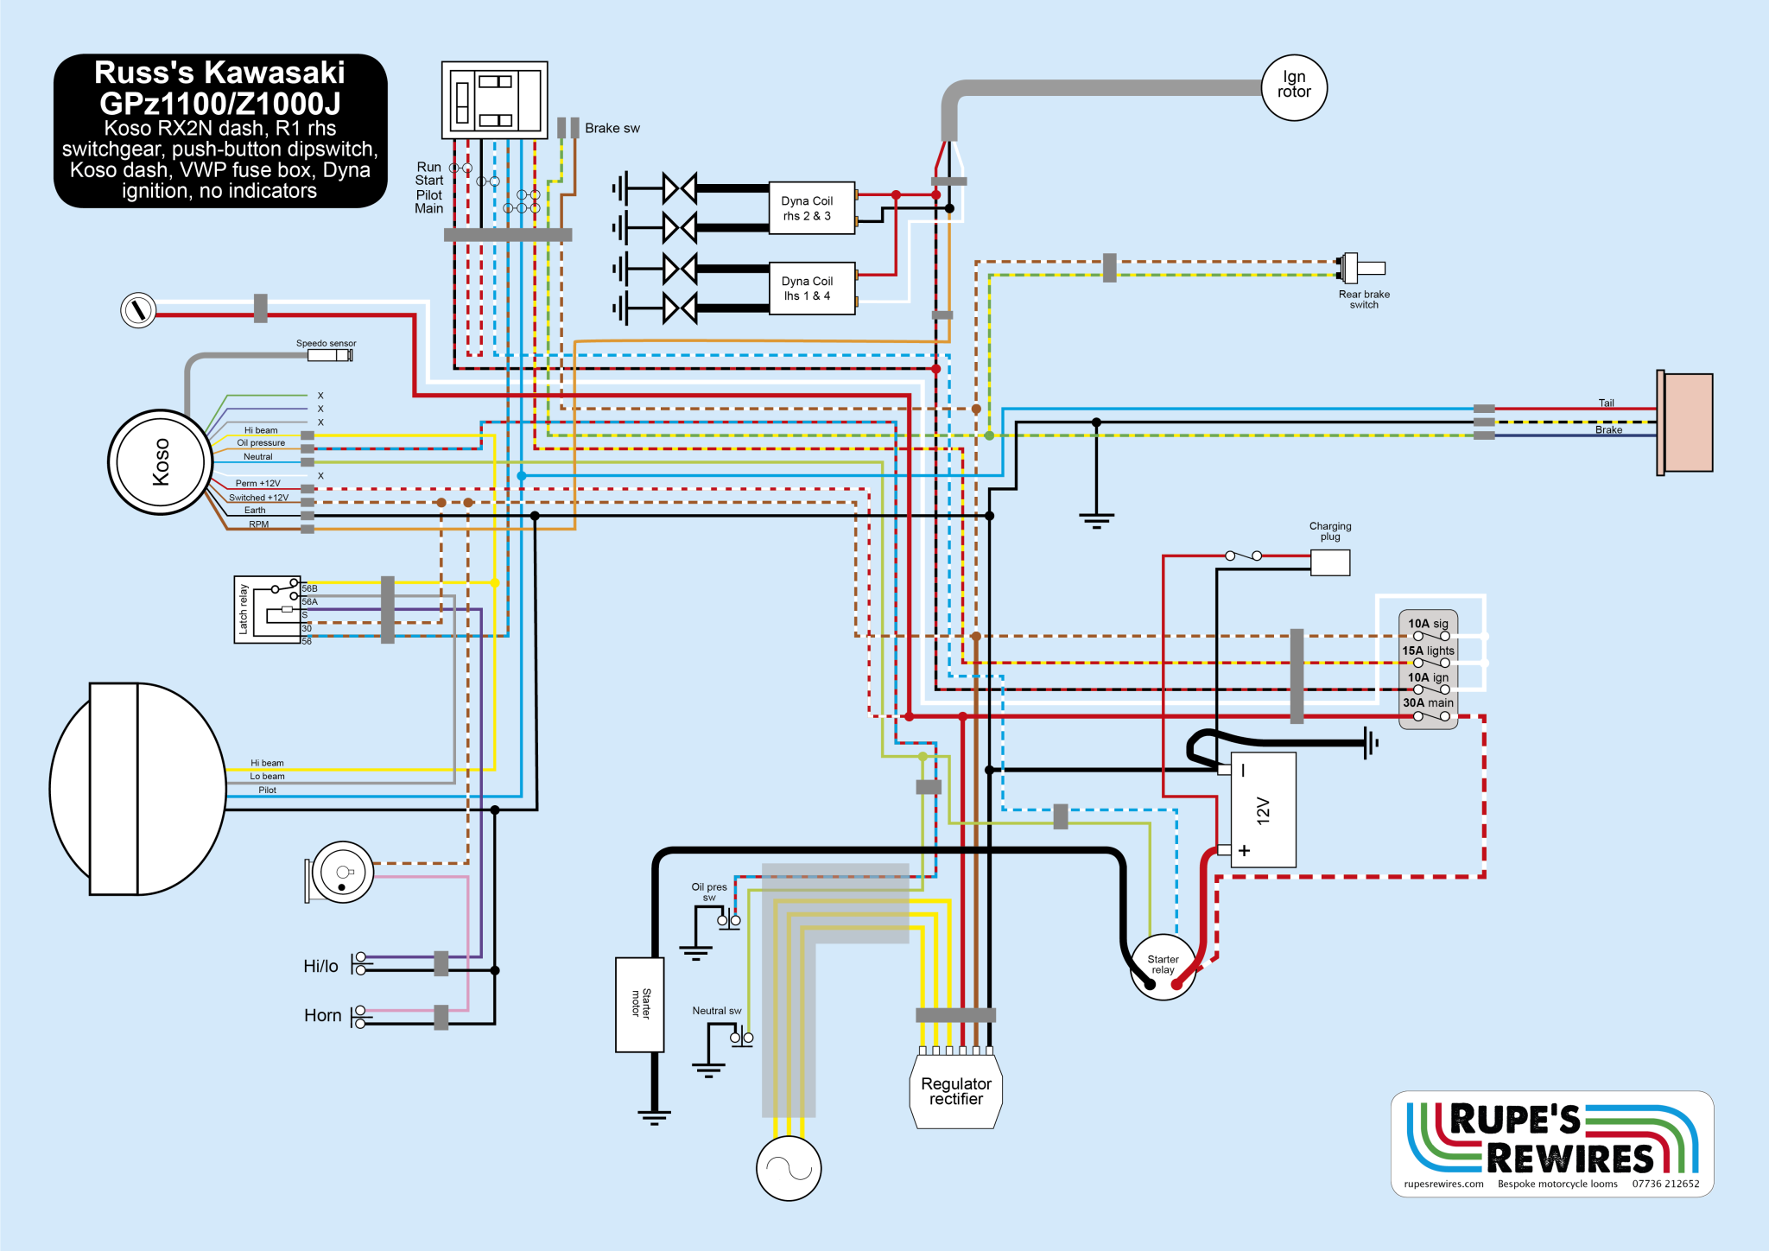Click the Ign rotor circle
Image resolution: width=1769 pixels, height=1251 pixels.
click(x=1294, y=87)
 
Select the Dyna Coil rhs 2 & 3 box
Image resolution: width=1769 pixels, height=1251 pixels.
click(x=811, y=208)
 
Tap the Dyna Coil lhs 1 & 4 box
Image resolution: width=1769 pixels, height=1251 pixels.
click(x=811, y=289)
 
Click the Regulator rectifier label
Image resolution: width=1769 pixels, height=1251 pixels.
click(x=955, y=1091)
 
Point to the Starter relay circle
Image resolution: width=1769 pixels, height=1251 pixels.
click(x=1163, y=966)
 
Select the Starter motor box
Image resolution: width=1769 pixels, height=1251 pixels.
click(x=639, y=1004)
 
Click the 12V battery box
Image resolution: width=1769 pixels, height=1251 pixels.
click(x=1263, y=810)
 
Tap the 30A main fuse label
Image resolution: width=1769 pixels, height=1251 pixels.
click(x=1428, y=702)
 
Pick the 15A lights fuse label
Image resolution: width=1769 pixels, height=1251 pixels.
click(x=1428, y=651)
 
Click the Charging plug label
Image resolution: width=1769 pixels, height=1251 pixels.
click(x=1330, y=531)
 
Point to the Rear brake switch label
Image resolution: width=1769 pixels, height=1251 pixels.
click(x=1364, y=299)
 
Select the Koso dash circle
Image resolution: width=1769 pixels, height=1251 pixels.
click(x=160, y=462)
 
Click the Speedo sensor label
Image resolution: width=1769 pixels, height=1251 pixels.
click(x=326, y=343)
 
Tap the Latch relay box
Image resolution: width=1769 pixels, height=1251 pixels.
click(x=267, y=609)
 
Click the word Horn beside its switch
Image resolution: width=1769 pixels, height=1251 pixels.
click(x=322, y=1016)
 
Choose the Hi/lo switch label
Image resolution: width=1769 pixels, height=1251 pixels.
click(x=320, y=967)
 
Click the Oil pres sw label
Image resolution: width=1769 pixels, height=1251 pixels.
click(x=709, y=892)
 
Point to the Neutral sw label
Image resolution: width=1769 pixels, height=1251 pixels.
click(x=716, y=1011)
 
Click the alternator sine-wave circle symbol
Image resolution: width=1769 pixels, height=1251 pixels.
click(x=788, y=1168)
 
